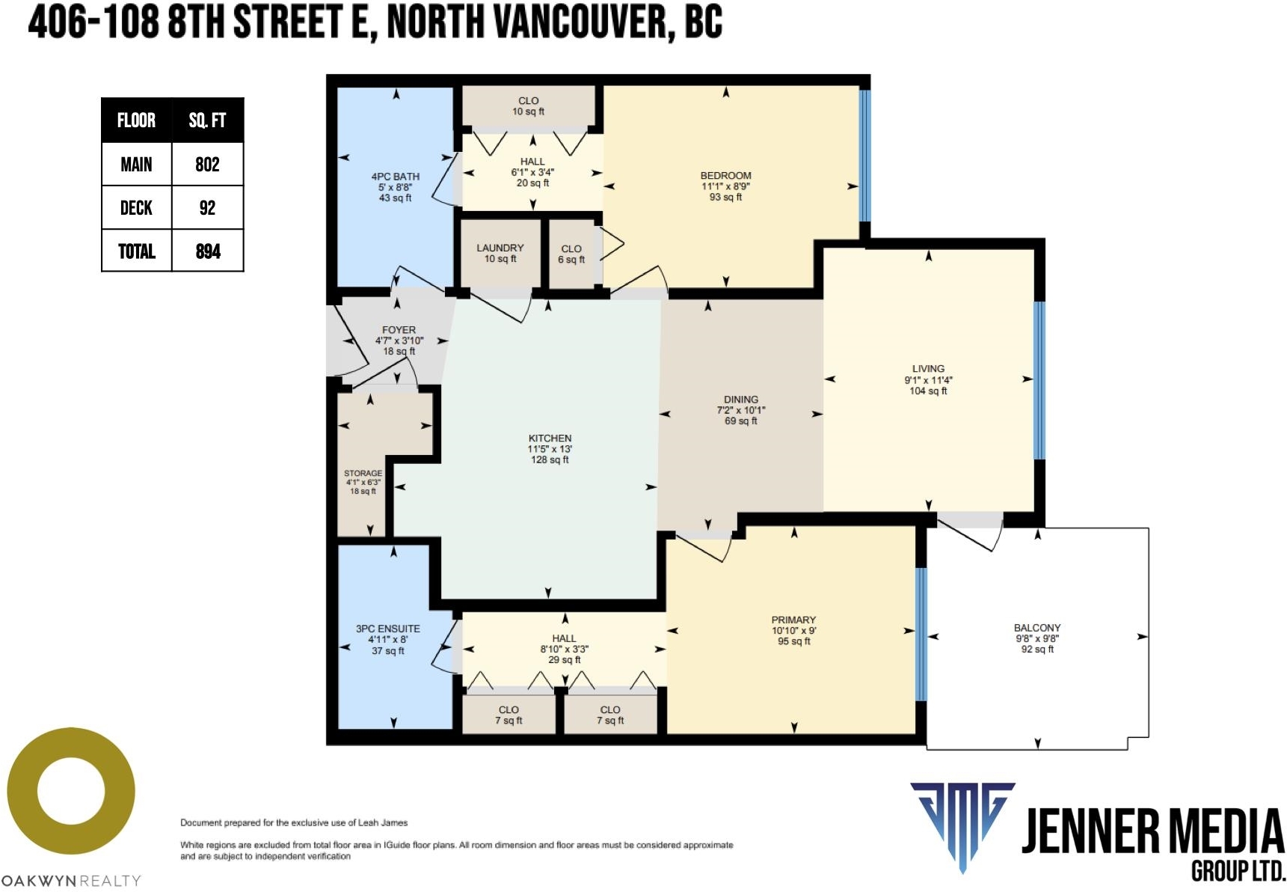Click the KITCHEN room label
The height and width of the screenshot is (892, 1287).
550,439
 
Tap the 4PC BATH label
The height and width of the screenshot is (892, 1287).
396,177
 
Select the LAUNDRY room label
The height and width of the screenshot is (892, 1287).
500,248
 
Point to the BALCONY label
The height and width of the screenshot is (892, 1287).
1037,628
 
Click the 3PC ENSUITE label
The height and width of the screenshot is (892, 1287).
387,629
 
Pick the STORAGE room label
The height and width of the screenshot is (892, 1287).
363,473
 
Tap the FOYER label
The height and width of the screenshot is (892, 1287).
399,329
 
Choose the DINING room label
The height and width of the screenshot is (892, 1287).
740,400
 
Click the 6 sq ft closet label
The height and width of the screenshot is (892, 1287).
571,254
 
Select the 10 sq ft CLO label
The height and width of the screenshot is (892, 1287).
528,106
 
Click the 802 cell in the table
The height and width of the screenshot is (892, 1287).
207,165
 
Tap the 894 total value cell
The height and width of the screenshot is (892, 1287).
208,251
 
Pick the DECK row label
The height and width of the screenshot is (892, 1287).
136,208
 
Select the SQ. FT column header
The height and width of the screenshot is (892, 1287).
207,120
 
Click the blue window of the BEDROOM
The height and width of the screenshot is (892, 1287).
864,156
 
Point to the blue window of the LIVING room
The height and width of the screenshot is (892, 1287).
1039,380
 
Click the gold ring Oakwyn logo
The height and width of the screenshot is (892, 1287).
71,791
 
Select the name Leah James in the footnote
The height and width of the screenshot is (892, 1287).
383,822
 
